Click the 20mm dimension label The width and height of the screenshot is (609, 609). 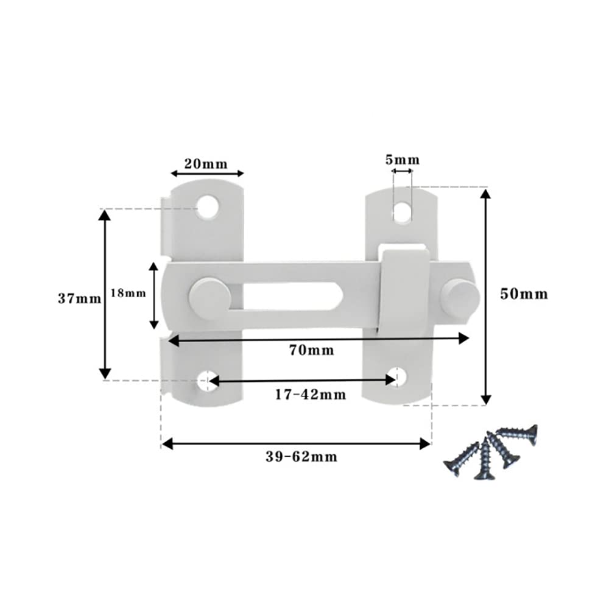pos(206,163)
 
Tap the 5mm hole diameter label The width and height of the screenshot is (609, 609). pos(403,160)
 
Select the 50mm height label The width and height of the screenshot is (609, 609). pos(524,294)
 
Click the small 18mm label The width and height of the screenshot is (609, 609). pos(128,293)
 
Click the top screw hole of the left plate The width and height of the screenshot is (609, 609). pos(208,207)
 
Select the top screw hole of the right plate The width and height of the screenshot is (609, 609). pos(403,212)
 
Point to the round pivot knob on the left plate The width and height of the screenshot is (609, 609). pos(209,297)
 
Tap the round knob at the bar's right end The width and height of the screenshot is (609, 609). pos(460,297)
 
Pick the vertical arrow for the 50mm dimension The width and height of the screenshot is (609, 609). pos(485,297)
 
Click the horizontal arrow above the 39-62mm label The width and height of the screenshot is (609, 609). pos(297,444)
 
